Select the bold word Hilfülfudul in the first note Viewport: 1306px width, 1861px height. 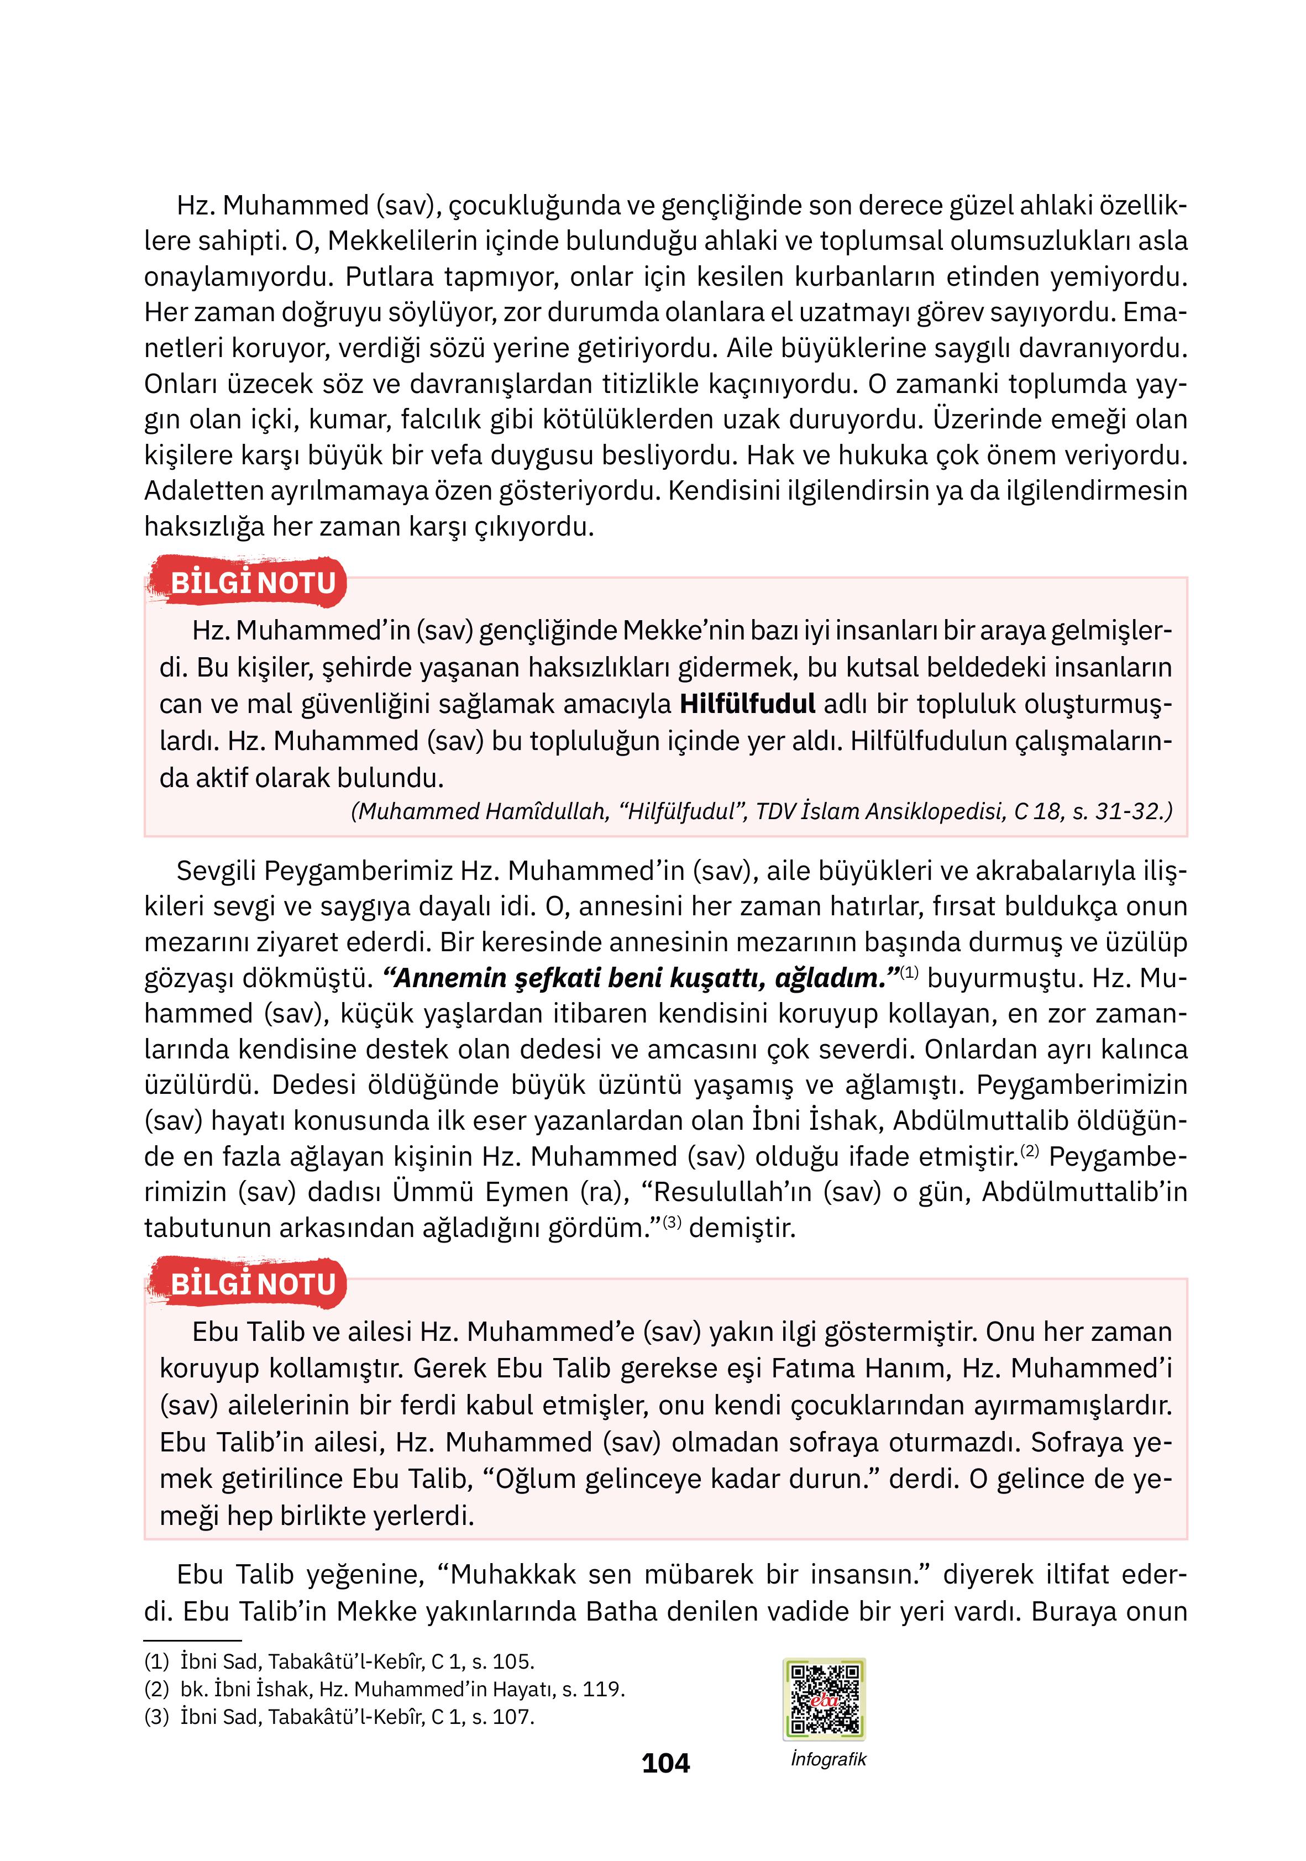tap(747, 704)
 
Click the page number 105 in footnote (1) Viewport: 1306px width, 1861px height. tap(512, 1661)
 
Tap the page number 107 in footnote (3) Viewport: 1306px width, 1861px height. tap(512, 1717)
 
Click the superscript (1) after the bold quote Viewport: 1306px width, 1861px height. tap(909, 972)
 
